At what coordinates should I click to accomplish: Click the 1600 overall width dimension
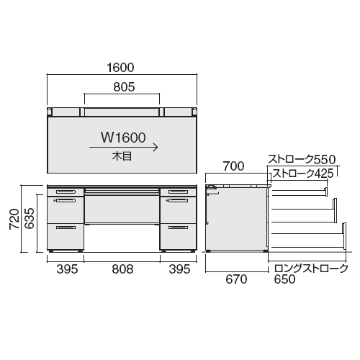120,68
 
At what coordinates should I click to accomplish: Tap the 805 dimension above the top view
124,87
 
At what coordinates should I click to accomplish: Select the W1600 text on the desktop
123,138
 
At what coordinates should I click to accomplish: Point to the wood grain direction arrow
123,147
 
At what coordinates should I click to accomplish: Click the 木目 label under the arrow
122,156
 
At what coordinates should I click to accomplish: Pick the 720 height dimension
14,219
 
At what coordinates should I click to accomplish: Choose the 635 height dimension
30,218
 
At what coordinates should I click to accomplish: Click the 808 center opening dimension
122,269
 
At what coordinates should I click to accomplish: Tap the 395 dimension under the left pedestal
67,269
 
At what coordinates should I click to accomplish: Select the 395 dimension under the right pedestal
179,269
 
